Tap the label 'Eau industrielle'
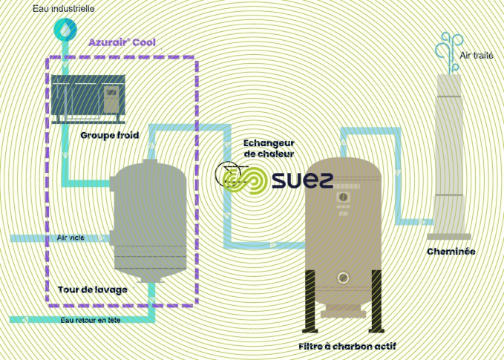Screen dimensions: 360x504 point(64,9)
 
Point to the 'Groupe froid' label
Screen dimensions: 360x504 point(110,136)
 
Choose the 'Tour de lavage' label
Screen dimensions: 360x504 point(92,289)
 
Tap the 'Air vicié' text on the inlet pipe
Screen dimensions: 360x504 point(71,238)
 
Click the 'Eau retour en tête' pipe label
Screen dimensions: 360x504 point(91,320)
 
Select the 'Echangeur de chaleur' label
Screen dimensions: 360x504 point(269,148)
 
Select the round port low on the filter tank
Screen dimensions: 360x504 point(343,278)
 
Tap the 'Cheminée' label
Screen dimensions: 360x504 point(451,252)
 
